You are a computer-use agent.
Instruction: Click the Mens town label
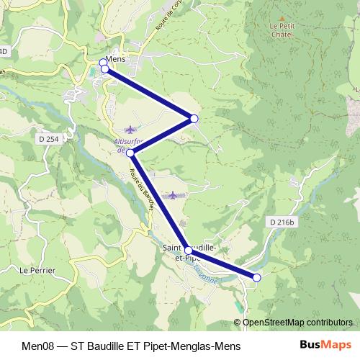tap(115, 59)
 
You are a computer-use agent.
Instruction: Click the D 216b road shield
tap(281, 222)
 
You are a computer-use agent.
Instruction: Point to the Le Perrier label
tap(34, 271)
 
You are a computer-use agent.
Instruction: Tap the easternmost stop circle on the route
tap(256, 277)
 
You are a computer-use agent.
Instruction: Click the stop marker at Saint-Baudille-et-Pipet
tap(189, 251)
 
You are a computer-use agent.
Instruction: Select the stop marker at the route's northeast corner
tap(194, 118)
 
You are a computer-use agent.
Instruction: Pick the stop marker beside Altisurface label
tap(130, 153)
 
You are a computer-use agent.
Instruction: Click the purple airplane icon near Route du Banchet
tap(171, 194)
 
